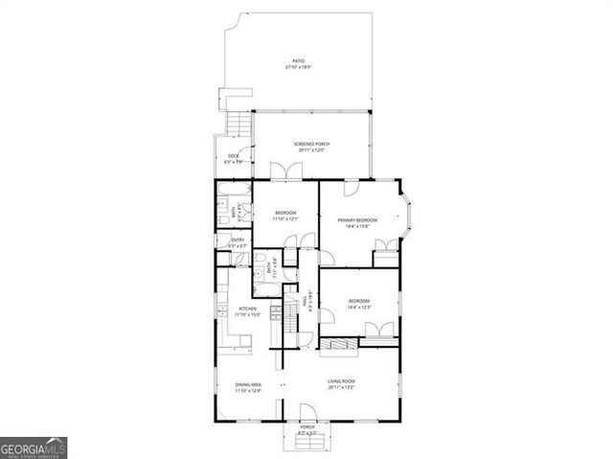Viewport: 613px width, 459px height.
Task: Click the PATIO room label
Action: click(x=299, y=60)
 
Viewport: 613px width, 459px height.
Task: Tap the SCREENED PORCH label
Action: click(x=312, y=144)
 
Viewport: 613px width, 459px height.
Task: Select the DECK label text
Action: click(x=233, y=156)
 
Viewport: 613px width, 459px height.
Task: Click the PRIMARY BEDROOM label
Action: click(x=357, y=220)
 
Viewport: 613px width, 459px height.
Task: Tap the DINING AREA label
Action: click(x=249, y=384)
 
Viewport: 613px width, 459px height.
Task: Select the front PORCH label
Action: click(x=307, y=427)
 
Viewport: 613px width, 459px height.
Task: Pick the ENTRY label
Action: click(x=238, y=240)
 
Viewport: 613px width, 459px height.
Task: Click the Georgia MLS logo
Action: click(x=34, y=448)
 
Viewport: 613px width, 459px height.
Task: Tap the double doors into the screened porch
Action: click(x=285, y=172)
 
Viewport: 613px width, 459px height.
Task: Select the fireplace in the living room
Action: click(x=338, y=344)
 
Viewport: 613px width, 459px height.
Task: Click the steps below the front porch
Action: click(x=307, y=443)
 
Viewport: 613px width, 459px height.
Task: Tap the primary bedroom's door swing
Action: click(x=352, y=188)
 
